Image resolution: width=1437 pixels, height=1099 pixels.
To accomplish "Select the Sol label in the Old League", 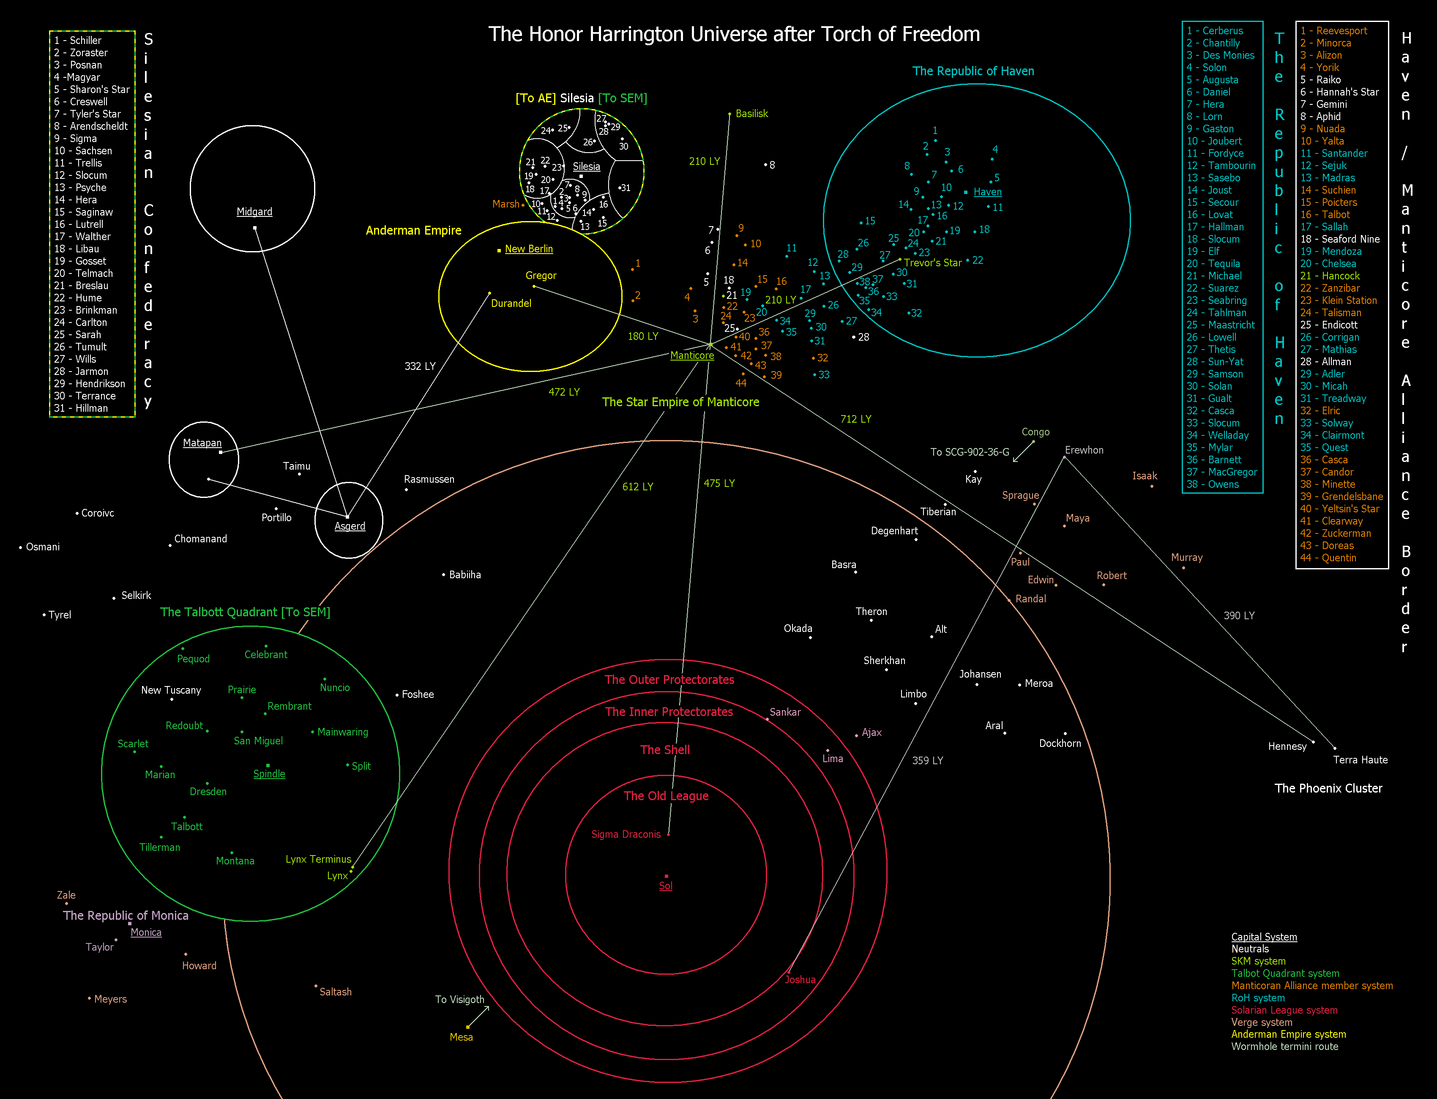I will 665,886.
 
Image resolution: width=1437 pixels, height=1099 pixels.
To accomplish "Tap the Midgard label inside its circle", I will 254,212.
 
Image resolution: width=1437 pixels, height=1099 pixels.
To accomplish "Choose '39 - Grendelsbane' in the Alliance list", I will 1341,497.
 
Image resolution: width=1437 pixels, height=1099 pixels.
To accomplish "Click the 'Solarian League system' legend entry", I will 1284,1010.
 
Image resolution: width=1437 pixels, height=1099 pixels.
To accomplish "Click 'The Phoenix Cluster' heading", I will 1328,788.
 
